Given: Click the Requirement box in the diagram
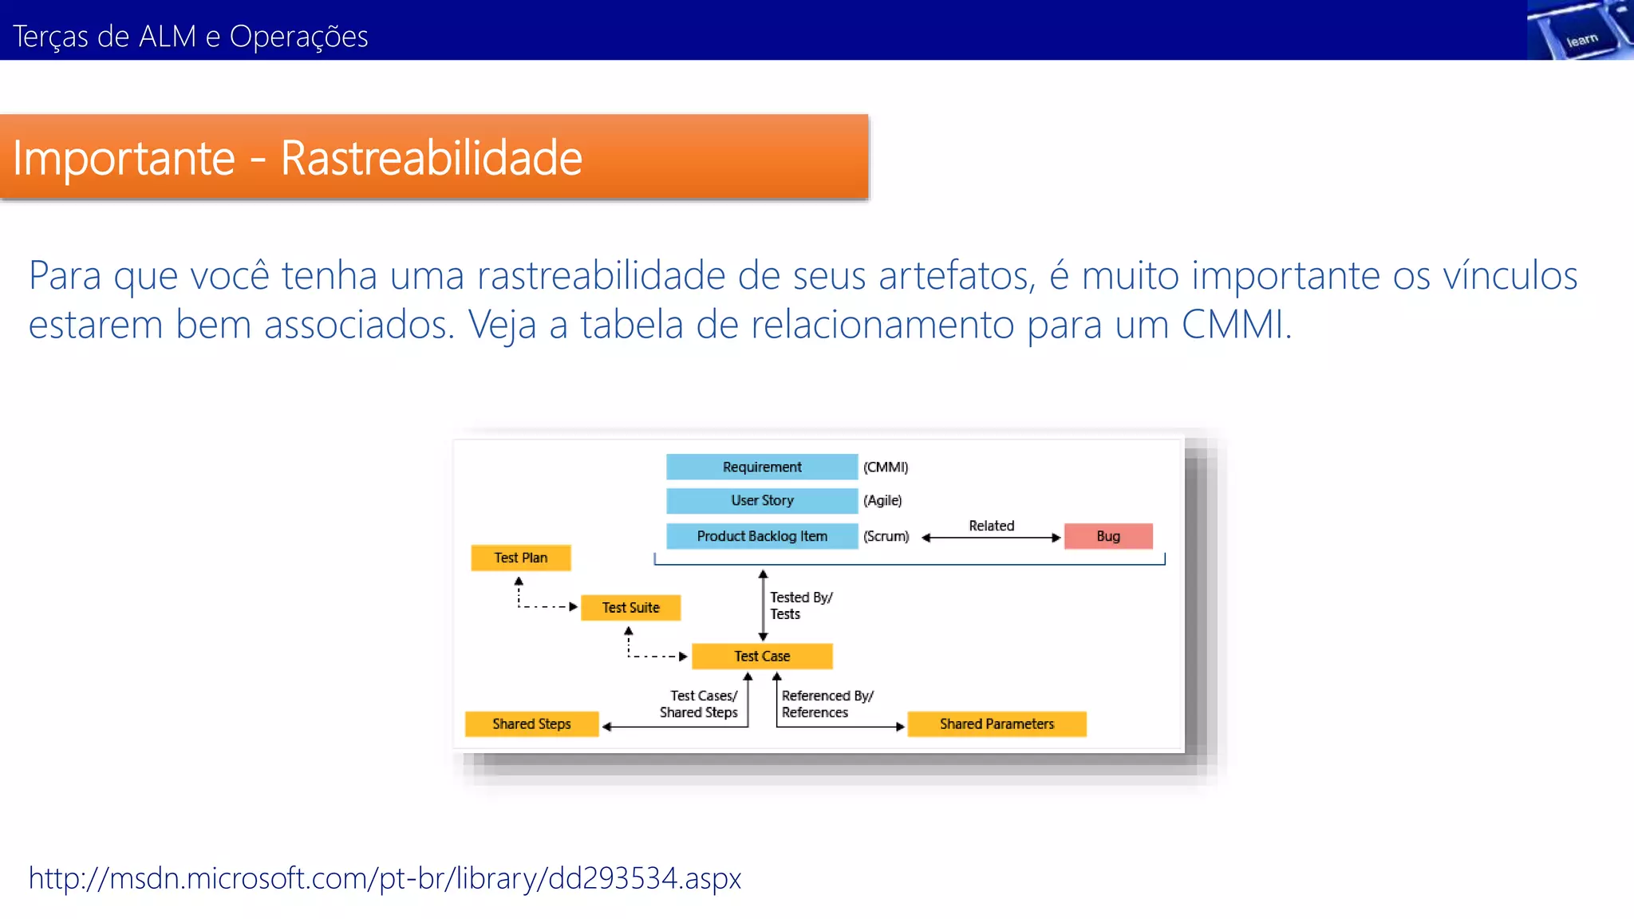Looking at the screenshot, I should click(x=762, y=467).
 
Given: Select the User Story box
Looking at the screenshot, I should click(x=762, y=500).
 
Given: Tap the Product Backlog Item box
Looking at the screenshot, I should click(x=762, y=536).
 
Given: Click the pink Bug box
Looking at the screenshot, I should click(x=1108, y=536).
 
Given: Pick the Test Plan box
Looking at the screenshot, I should click(x=520, y=558).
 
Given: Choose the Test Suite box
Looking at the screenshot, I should click(x=630, y=607).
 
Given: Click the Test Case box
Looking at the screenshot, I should click(x=762, y=656).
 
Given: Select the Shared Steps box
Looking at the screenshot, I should click(x=531, y=724).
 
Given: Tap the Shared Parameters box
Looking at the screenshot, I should click(x=997, y=724).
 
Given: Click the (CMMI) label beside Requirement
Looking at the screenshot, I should click(x=886, y=467).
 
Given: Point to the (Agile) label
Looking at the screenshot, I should click(x=882, y=500).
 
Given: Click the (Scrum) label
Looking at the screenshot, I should click(x=886, y=536).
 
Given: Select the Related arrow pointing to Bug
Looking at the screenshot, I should click(x=992, y=537).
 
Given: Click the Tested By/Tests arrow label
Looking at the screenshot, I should click(x=800, y=605).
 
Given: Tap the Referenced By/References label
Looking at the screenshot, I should click(x=827, y=704).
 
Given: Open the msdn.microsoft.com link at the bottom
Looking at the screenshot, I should click(x=385, y=878).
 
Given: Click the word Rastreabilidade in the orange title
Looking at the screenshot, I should click(x=431, y=158).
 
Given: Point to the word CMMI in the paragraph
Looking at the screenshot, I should click(x=1233, y=325).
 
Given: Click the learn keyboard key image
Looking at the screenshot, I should click(x=1580, y=32).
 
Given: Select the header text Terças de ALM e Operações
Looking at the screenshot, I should click(x=190, y=37).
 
